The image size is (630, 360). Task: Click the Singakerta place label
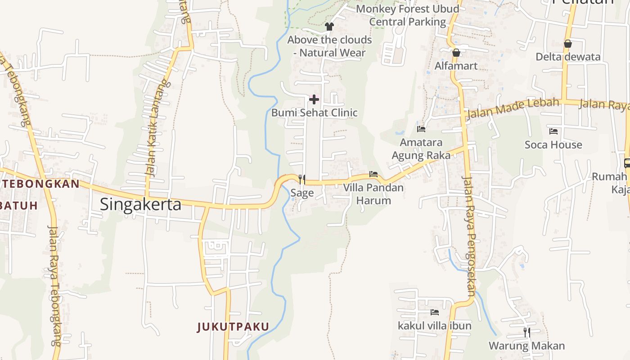pos(140,204)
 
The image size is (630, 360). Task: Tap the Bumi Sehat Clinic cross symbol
pos(314,99)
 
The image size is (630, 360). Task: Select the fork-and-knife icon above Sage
pos(302,180)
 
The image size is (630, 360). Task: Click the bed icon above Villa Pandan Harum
pos(373,174)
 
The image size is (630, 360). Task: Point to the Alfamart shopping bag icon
pos(456,53)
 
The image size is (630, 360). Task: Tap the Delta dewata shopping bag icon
pos(568,44)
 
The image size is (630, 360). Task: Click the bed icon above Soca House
pos(553,131)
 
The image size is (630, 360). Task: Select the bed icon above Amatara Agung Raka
pos(421,129)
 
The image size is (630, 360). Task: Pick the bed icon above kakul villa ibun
pos(434,312)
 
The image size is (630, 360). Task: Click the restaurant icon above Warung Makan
pos(526,333)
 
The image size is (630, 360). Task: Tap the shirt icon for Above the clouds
pos(329,27)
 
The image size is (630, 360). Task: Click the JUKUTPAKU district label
pos(233,327)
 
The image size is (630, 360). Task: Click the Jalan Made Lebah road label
pos(513,108)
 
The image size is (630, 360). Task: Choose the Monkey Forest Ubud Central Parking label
pos(408,15)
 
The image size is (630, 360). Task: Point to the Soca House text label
pos(553,145)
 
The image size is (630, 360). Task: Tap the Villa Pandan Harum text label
pos(373,194)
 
